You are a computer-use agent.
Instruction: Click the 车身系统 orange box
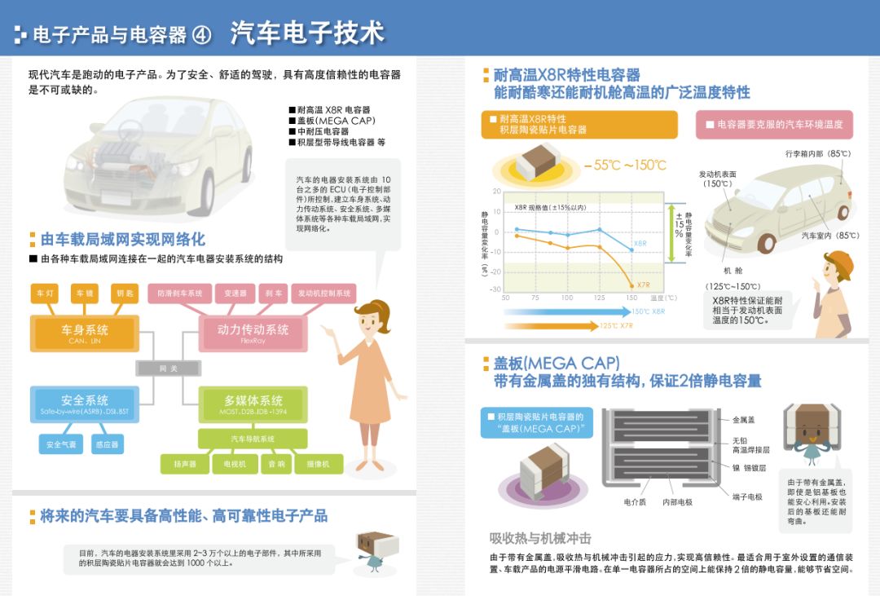[85, 333]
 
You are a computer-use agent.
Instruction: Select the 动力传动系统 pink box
[253, 333]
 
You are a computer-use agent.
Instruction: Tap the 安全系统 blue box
[85, 404]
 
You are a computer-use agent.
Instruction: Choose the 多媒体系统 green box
[253, 404]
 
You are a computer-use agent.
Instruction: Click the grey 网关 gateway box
[168, 369]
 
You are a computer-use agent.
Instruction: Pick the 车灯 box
[45, 294]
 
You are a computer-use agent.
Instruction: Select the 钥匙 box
[125, 294]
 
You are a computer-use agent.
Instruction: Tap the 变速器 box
[235, 294]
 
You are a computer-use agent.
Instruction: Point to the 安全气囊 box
[61, 444]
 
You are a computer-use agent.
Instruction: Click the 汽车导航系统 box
[253, 439]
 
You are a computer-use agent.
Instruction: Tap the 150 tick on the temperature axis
[631, 298]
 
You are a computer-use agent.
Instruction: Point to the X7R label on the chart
[644, 285]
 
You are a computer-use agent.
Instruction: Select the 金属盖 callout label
[743, 420]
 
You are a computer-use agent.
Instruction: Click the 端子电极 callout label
[747, 497]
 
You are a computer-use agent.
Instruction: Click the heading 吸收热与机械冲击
[540, 538]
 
